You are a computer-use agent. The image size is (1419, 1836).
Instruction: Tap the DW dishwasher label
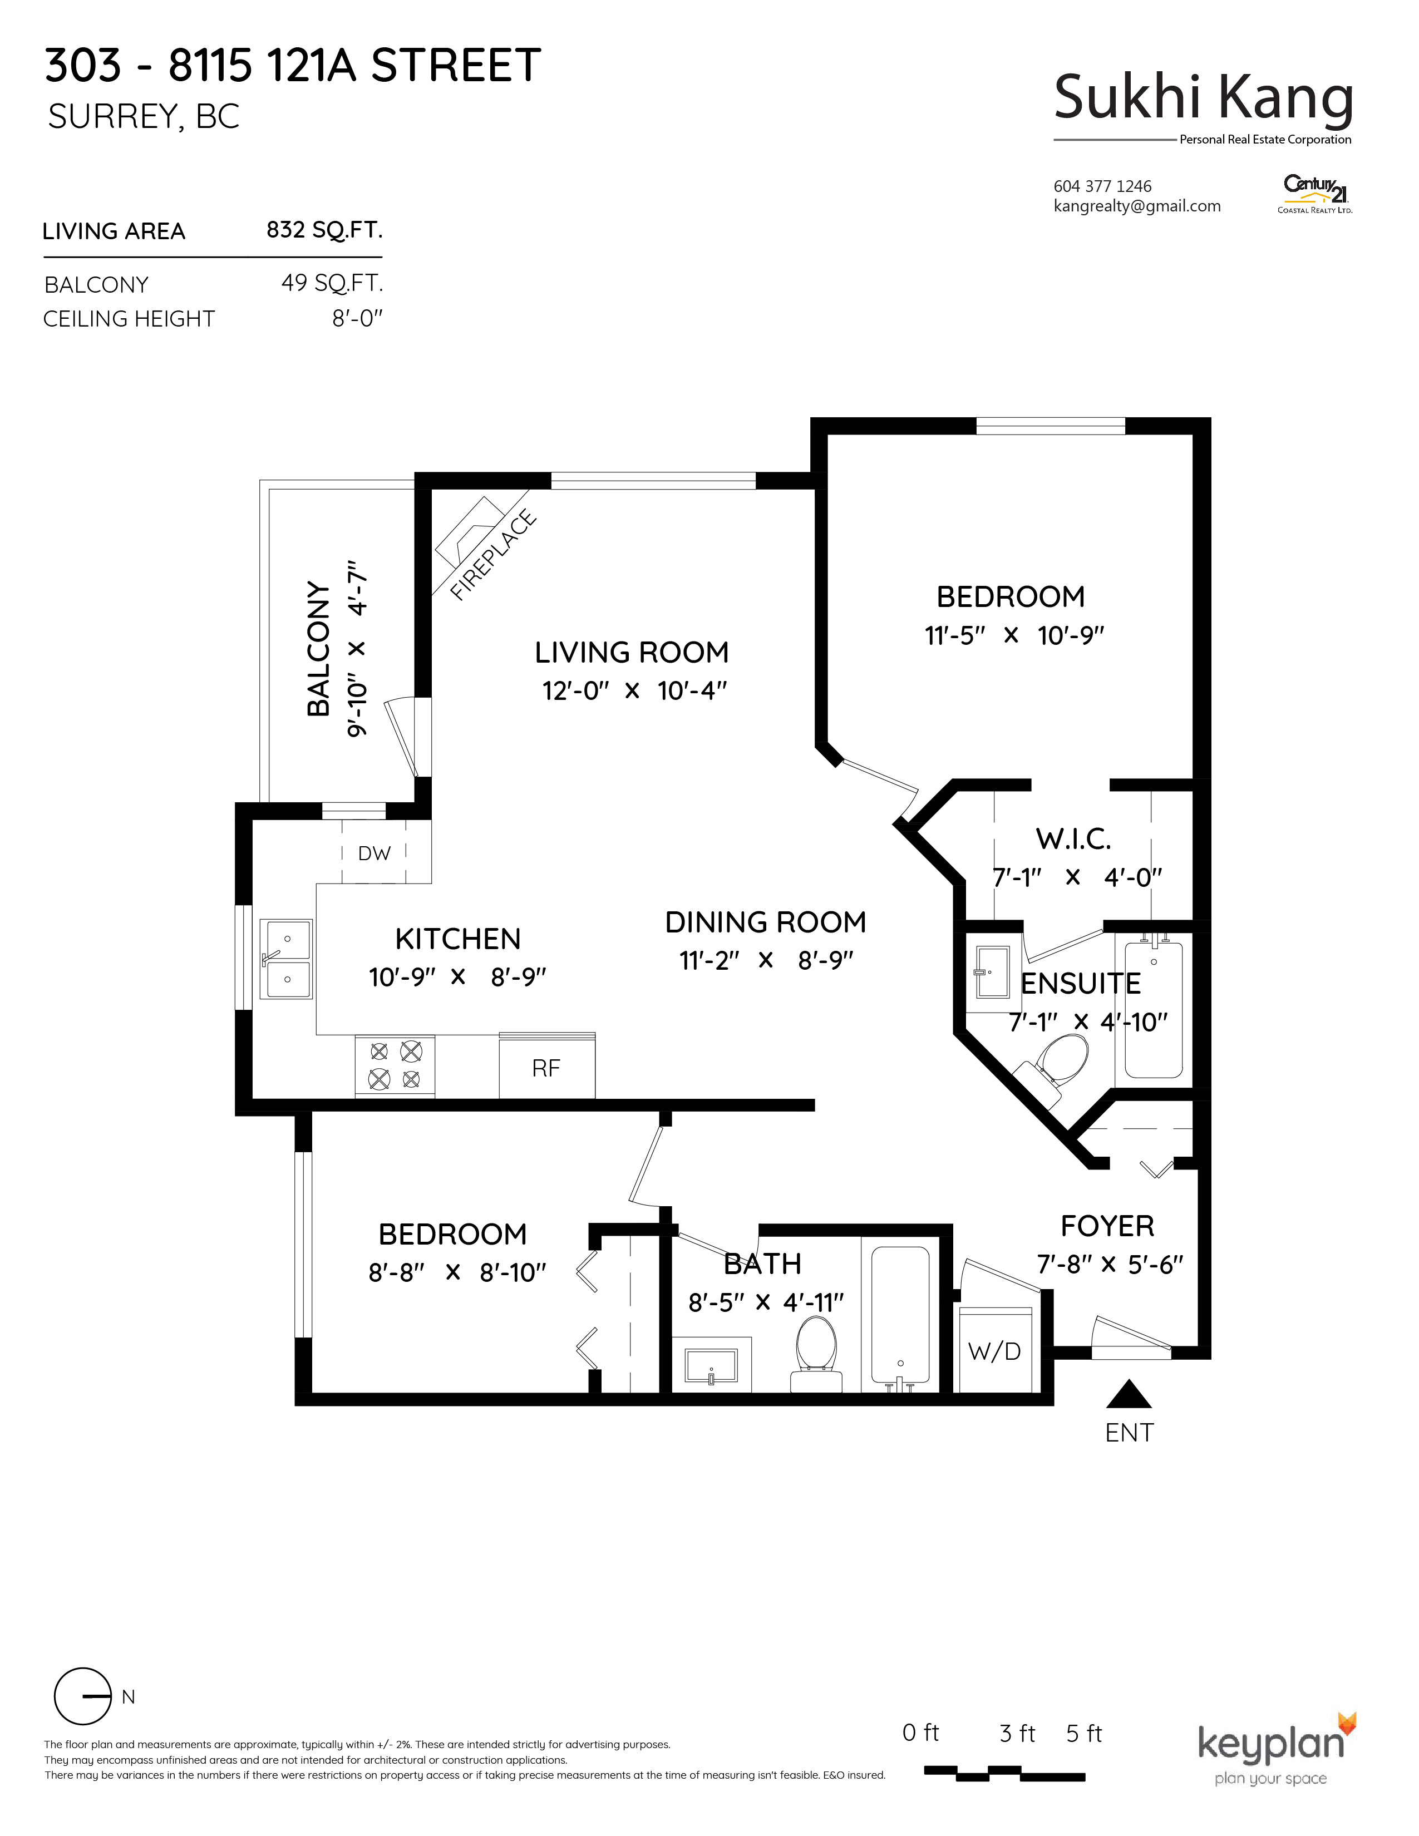point(374,853)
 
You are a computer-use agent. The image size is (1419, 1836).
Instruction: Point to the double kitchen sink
point(287,959)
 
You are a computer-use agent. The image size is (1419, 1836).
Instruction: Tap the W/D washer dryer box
point(996,1351)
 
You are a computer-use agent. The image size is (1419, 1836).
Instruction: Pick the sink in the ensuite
point(993,972)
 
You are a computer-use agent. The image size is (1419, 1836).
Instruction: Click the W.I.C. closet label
point(1073,839)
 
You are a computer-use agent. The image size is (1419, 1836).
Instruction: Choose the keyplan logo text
point(1271,1744)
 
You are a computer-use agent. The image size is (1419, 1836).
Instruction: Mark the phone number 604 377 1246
point(1102,186)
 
